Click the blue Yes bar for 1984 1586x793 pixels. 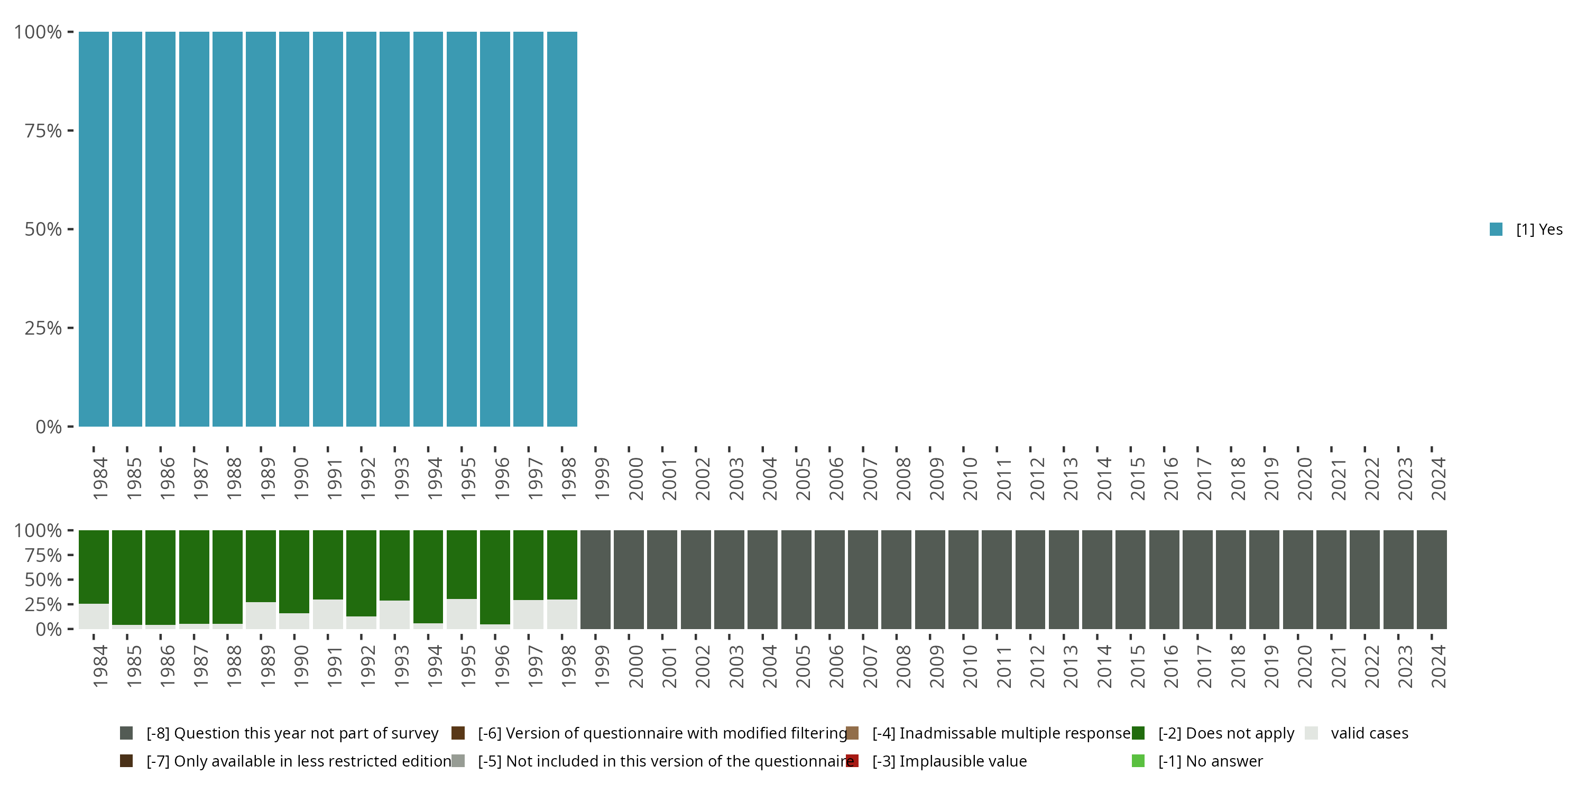click(94, 229)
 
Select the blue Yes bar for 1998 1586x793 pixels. click(562, 229)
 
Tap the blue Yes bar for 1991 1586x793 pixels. click(328, 229)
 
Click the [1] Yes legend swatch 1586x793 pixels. click(1496, 229)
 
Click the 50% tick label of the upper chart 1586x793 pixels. click(43, 229)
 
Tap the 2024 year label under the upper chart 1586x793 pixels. click(1438, 478)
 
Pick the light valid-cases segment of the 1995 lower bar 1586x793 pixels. click(462, 614)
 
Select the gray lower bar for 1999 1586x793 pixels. click(595, 579)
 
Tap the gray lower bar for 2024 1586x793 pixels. click(1432, 579)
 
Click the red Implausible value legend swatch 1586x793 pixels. click(852, 761)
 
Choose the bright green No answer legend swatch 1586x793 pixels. click(1138, 761)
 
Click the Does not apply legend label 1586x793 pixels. click(1226, 733)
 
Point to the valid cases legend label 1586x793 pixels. click(1369, 733)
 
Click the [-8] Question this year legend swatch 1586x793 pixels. click(126, 733)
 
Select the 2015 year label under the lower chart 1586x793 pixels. click(1137, 666)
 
